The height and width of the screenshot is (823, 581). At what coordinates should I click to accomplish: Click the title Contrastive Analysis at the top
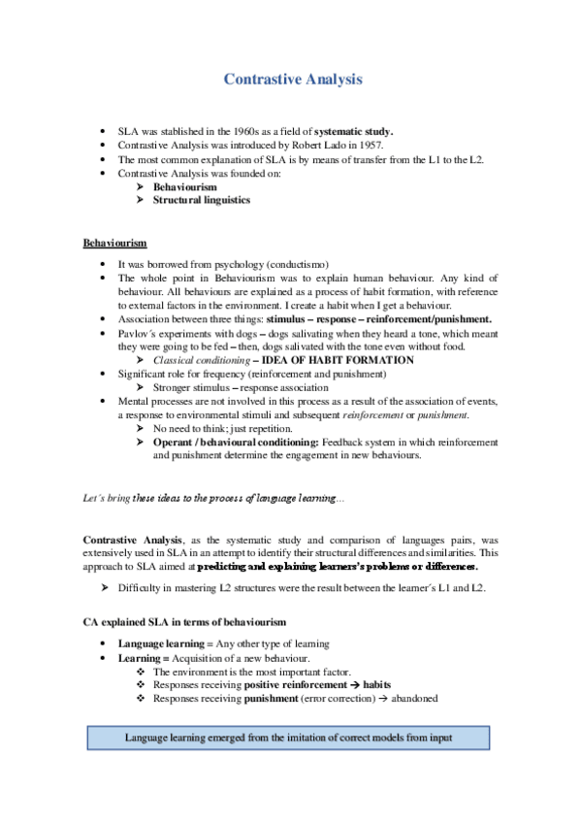293,80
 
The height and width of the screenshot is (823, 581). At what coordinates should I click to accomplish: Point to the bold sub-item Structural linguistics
201,200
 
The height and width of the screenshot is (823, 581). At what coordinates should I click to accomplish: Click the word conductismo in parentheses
296,264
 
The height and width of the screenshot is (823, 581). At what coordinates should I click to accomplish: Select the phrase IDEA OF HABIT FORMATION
338,360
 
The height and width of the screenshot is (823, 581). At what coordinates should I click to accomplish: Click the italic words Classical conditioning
200,360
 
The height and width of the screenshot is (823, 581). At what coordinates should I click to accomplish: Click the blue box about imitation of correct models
288,739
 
